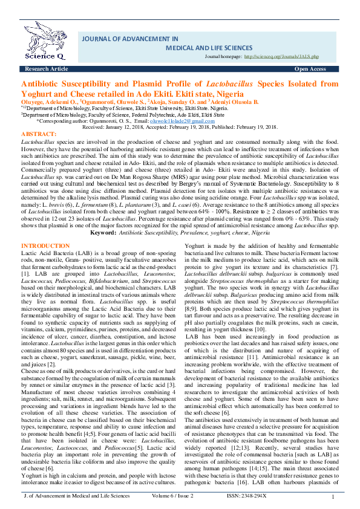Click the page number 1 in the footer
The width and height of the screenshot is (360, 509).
coord(333,497)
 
